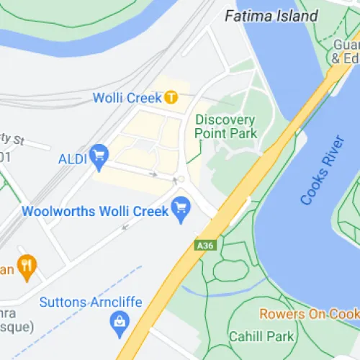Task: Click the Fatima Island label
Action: pyautogui.click(x=271, y=15)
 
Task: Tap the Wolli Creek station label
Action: pyautogui.click(x=128, y=97)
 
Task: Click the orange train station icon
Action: pyautogui.click(x=171, y=96)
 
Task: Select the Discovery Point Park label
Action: pyautogui.click(x=225, y=126)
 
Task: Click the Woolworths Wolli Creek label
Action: pyautogui.click(x=95, y=212)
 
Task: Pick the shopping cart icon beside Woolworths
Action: pyautogui.click(x=180, y=210)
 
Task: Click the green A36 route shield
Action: pyautogui.click(x=205, y=246)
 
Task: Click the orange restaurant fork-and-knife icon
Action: pyautogui.click(x=27, y=268)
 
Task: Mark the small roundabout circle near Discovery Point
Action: pyautogui.click(x=181, y=179)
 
